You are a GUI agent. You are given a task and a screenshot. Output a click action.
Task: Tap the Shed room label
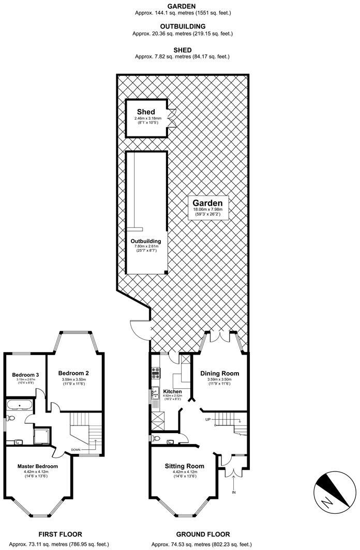coord(145,112)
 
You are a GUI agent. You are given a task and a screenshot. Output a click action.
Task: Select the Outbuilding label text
coord(145,241)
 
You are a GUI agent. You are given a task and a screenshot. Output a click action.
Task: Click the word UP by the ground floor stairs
coord(207,419)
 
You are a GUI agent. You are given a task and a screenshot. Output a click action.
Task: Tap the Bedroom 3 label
coord(25,374)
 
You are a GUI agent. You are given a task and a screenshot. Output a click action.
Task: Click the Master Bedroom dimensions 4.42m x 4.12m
coord(37,471)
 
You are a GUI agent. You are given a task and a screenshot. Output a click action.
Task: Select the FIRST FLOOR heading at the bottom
coord(61,534)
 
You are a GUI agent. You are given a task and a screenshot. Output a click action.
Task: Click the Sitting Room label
coord(185,465)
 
